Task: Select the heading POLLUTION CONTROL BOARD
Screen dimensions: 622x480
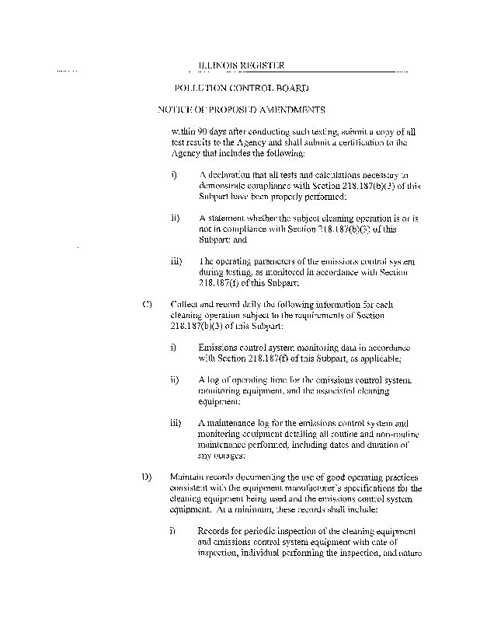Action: pyautogui.click(x=242, y=89)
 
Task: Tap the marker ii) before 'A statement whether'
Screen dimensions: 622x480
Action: pyautogui.click(x=175, y=218)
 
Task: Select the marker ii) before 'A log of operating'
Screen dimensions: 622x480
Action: pyautogui.click(x=175, y=380)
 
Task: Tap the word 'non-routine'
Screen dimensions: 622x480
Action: pyautogui.click(x=385, y=434)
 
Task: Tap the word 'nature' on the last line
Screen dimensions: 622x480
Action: pyautogui.click(x=407, y=553)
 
